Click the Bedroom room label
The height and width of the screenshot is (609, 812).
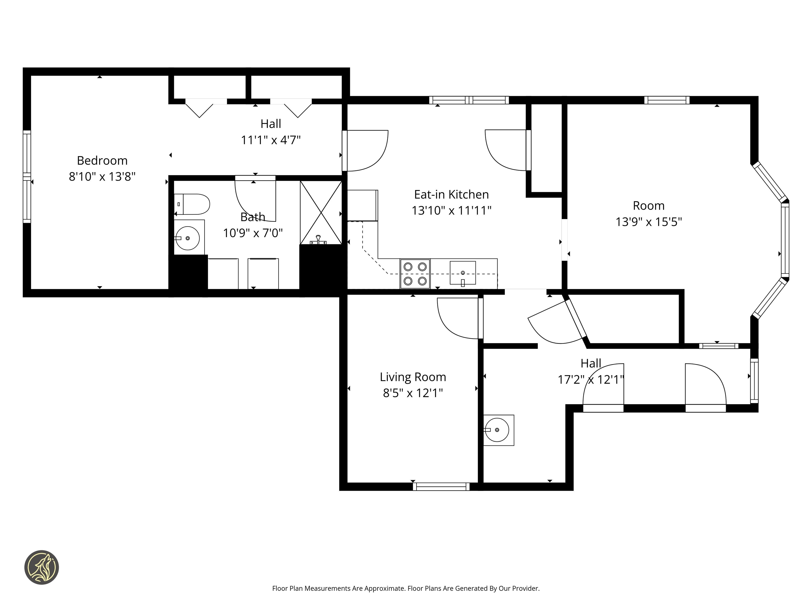[x=102, y=161]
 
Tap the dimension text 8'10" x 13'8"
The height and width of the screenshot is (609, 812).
[x=102, y=177]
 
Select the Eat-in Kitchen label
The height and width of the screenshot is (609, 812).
[x=451, y=194]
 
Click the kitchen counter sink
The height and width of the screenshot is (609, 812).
[x=463, y=273]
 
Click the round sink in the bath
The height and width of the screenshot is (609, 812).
[x=188, y=238]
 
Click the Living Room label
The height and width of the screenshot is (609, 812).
[x=413, y=377]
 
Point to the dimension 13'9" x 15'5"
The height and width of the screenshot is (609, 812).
[x=649, y=222]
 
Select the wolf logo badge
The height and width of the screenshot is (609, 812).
[x=41, y=567]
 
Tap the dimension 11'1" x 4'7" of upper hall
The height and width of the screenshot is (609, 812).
[x=271, y=140]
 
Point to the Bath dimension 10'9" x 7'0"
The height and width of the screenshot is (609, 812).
[x=253, y=233]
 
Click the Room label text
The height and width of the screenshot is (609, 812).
[x=649, y=206]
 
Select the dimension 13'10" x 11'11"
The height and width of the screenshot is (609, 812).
[x=451, y=210]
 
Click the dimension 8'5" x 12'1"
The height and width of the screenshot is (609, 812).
[x=413, y=393]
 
